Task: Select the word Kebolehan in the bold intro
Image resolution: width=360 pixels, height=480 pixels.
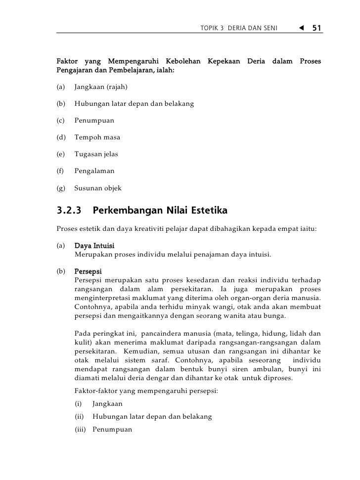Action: tap(183, 61)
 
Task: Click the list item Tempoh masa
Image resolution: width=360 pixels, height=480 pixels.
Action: tap(97, 137)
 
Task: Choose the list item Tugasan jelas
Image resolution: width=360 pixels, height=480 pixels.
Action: tap(96, 154)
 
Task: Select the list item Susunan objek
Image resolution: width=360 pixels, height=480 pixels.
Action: tap(97, 188)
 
